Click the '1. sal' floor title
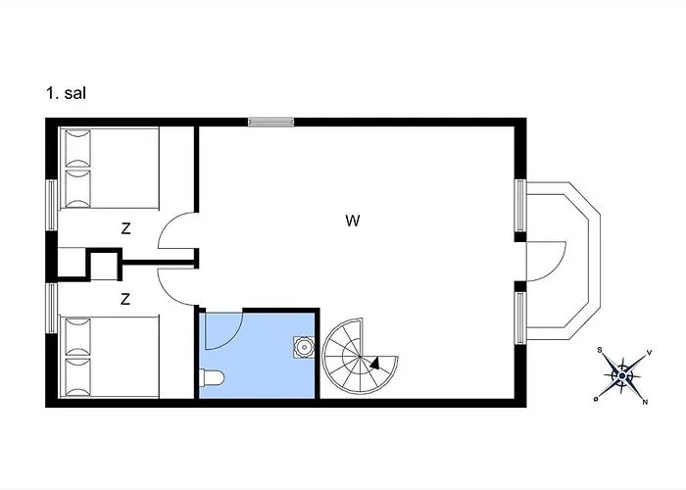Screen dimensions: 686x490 [x=66, y=93]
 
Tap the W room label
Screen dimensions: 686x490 [x=353, y=220]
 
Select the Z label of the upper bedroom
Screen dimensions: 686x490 [x=126, y=228]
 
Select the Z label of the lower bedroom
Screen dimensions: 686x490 [x=125, y=299]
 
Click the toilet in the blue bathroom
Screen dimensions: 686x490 [x=212, y=377]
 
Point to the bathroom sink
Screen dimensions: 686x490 [x=304, y=347]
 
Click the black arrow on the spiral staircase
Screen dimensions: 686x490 [x=375, y=364]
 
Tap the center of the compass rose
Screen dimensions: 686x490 [x=621, y=375]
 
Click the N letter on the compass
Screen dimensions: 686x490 [x=645, y=402]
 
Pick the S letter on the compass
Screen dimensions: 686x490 [x=600, y=350]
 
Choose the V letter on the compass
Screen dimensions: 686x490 [x=649, y=351]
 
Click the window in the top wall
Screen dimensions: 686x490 [x=270, y=122]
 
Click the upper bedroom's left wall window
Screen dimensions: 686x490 [x=52, y=205]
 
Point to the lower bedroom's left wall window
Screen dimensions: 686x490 [x=52, y=308]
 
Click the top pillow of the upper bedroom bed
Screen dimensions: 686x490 [x=77, y=147]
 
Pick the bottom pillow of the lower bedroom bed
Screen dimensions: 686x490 [x=77, y=376]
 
